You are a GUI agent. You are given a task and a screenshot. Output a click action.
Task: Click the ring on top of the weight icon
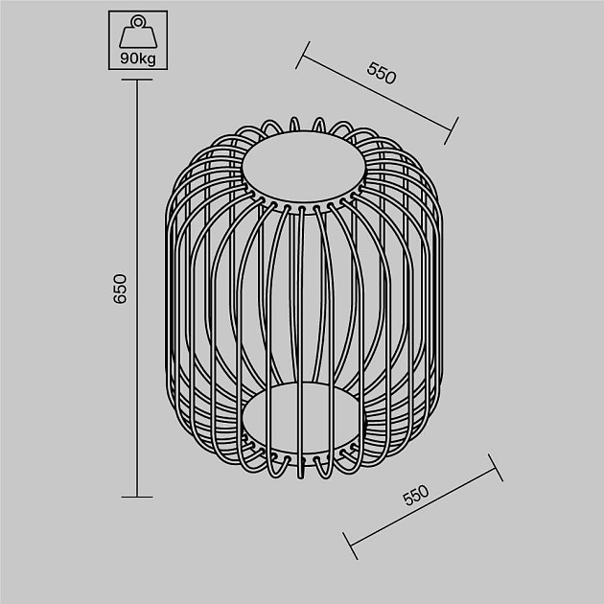point(137,21)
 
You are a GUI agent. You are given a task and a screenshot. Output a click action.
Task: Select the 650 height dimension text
point(120,289)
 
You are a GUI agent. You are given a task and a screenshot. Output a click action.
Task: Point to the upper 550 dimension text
point(382,75)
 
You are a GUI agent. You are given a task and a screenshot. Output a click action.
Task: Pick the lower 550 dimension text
point(415,496)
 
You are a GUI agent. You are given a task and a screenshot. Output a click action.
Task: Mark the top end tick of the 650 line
point(137,81)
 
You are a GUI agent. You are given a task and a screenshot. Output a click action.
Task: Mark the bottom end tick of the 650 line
point(137,497)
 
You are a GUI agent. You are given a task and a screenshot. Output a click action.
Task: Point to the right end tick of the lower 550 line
point(497,468)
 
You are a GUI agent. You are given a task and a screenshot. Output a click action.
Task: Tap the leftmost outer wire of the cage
point(168,288)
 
